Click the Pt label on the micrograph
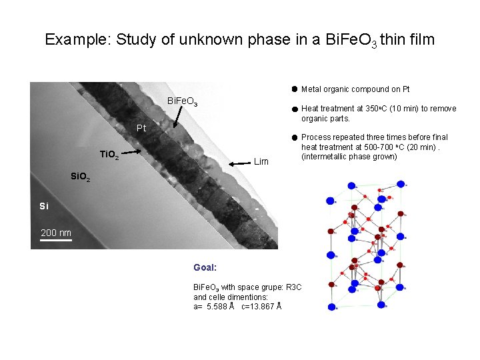[x=141, y=128]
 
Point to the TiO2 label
[x=109, y=155]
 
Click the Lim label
[x=261, y=161]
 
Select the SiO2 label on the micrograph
[x=85, y=177]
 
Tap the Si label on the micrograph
[x=44, y=206]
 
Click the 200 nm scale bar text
[x=56, y=232]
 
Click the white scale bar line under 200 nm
[x=56, y=240]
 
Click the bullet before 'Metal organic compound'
[x=293, y=89]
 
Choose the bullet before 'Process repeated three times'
[x=293, y=137]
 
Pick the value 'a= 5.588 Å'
[x=213, y=307]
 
